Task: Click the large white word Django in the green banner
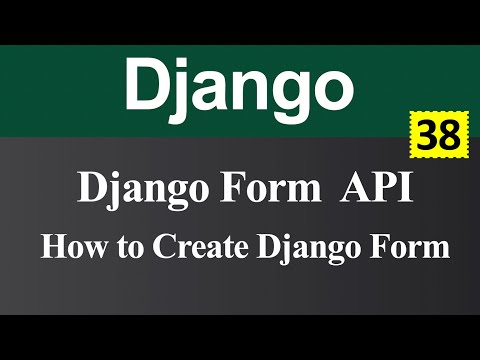[239, 86]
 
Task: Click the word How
[67, 246]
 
